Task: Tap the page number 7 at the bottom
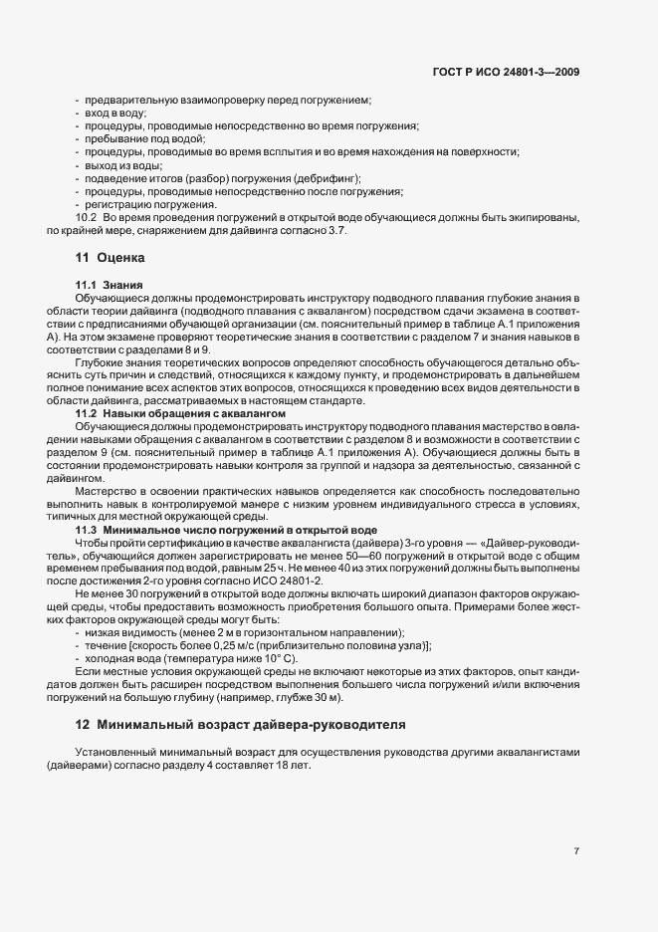pyautogui.click(x=576, y=851)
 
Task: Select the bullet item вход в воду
pyautogui.click(x=115, y=114)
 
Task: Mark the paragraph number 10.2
pyautogui.click(x=85, y=217)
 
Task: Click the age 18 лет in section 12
pyautogui.click(x=297, y=762)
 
